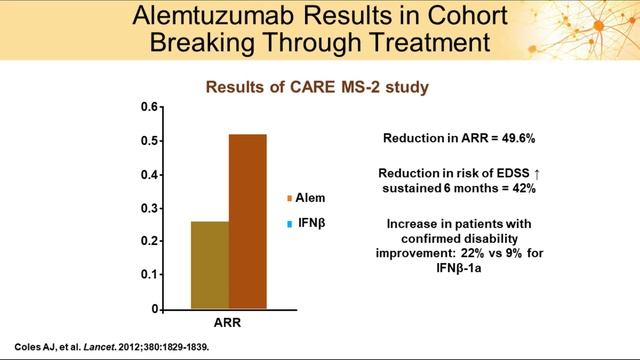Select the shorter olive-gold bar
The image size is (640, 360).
pyautogui.click(x=209, y=263)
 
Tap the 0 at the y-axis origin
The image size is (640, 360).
pyautogui.click(x=154, y=306)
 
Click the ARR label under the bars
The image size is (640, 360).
pyautogui.click(x=228, y=324)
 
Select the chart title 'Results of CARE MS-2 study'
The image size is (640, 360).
pyautogui.click(x=317, y=87)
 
